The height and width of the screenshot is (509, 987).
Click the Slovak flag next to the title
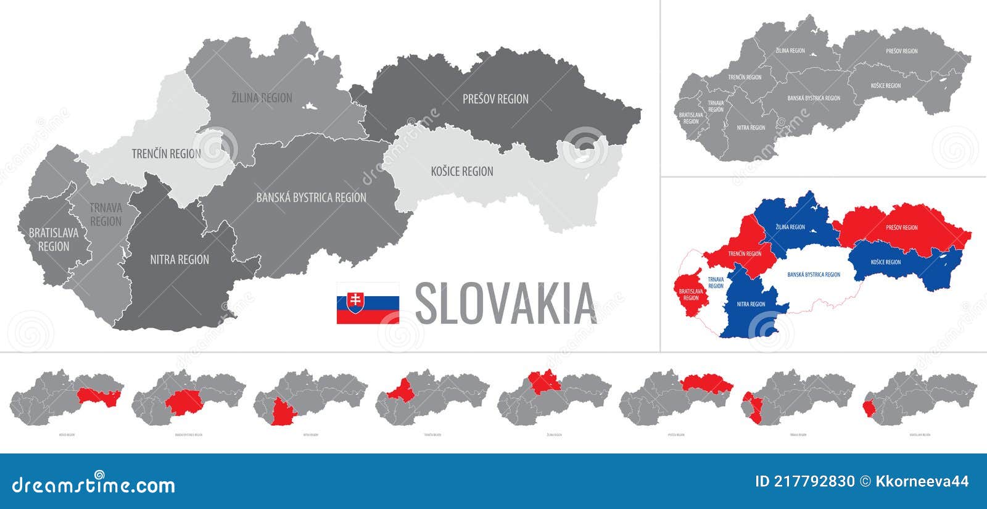coord(368,303)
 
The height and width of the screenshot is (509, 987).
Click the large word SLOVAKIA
coord(506,304)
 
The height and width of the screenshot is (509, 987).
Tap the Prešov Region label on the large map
coord(495,99)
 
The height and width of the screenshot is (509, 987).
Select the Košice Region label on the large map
coord(462,172)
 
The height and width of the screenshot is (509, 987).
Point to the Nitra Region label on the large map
coord(180,260)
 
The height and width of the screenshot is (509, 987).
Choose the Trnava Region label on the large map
coord(105,215)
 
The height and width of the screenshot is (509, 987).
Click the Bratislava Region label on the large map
coord(54,239)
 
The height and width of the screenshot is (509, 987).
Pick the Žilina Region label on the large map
coord(262,97)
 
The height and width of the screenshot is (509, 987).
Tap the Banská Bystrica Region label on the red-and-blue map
coord(814,275)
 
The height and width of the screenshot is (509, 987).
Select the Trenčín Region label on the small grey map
coord(745,77)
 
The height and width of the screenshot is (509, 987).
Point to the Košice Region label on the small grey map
coord(886,86)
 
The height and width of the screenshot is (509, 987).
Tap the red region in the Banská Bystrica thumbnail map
coord(183,402)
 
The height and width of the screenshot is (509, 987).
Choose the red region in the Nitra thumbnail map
coord(283,412)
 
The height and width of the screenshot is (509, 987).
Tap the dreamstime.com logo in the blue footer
coord(94,485)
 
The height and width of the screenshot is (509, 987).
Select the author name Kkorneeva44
coord(922,481)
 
